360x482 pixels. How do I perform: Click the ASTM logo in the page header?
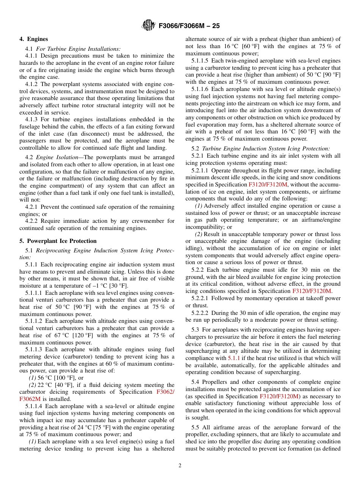(x=148, y=25)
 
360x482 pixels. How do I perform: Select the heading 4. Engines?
(x=34, y=39)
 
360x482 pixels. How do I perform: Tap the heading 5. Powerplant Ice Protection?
(x=58, y=241)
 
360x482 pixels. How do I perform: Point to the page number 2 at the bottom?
(x=180, y=466)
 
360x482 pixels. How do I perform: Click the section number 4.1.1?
(x=32, y=56)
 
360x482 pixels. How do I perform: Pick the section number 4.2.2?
(x=32, y=221)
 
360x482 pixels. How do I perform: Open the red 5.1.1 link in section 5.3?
(x=233, y=358)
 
